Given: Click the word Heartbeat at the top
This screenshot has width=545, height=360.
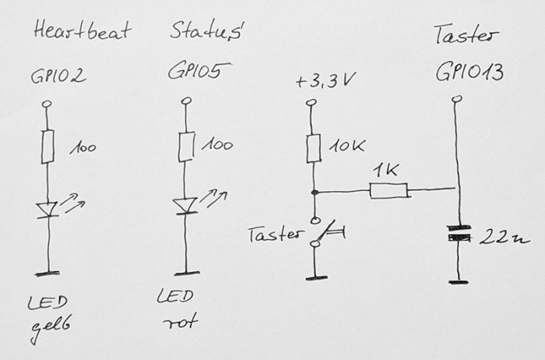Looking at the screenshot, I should click(83, 33).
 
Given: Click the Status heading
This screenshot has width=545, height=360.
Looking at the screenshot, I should click(206, 33).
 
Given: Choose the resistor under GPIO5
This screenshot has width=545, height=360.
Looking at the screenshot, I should click(185, 146).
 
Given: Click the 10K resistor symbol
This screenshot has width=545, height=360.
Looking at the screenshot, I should click(313, 147).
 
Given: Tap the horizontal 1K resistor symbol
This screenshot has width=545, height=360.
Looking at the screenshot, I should click(387, 189).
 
